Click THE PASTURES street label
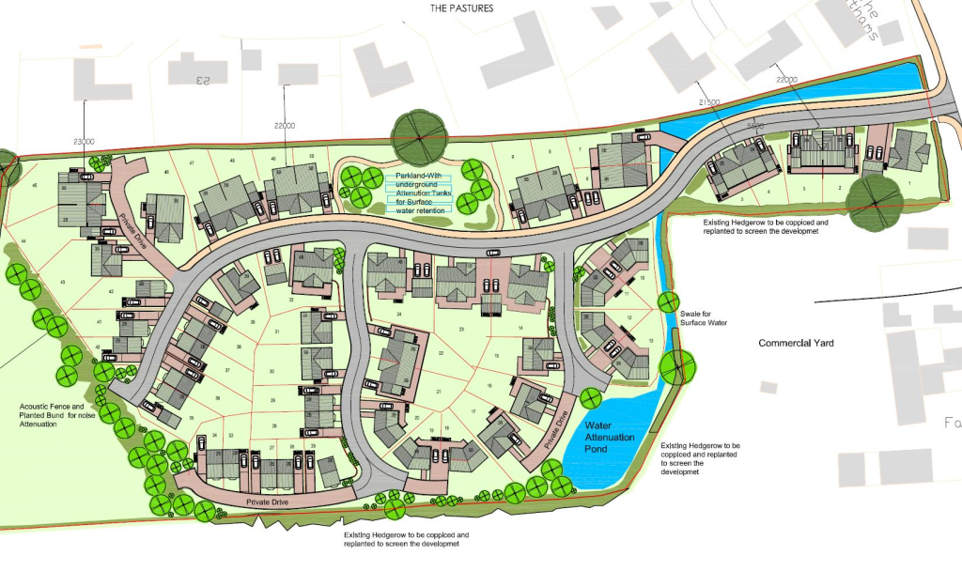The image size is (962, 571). click(x=461, y=8)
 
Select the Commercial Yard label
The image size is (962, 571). click(x=796, y=344)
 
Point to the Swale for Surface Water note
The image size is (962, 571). click(x=704, y=317)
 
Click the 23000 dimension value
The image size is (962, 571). click(x=84, y=141)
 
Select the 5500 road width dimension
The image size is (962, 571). click(x=755, y=126)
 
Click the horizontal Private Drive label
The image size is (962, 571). click(x=266, y=503)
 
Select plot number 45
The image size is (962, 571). click(x=35, y=186)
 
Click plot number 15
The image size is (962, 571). click(x=496, y=356)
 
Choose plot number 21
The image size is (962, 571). click(x=438, y=391)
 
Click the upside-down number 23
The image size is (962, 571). click(x=200, y=80)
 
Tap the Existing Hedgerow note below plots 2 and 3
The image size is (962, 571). click(x=766, y=226)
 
